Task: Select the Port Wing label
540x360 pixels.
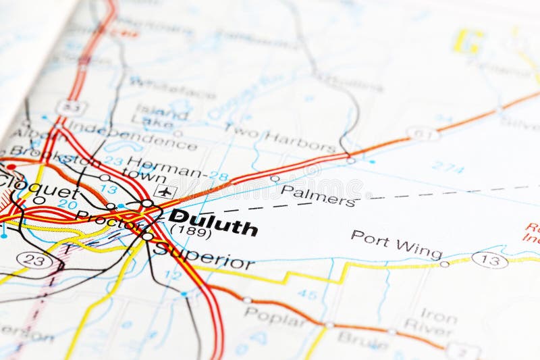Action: (396, 244)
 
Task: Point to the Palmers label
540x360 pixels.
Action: (317, 195)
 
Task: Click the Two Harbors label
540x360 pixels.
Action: (279, 137)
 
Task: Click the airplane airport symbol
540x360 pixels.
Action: (164, 191)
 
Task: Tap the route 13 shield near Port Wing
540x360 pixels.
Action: (489, 259)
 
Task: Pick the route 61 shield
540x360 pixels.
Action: (423, 133)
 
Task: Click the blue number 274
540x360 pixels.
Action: (448, 166)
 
